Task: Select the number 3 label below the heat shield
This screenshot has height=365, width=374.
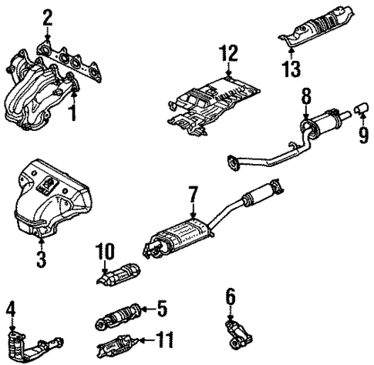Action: click(41, 258)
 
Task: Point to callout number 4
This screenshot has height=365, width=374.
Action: click(10, 310)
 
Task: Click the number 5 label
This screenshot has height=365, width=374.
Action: click(161, 310)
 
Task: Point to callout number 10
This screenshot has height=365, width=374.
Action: click(105, 251)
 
